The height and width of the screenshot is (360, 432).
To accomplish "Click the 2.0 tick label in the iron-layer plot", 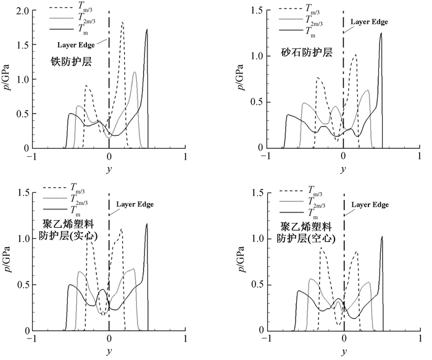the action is [x=23, y=10].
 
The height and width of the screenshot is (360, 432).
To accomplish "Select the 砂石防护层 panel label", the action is [x=307, y=52].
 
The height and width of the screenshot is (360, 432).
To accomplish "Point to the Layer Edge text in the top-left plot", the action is [x=76, y=44].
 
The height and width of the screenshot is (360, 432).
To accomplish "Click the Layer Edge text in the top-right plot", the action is [x=369, y=22].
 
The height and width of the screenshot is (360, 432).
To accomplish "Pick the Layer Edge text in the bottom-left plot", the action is [x=135, y=204].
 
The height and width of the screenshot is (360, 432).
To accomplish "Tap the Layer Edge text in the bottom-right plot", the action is [x=370, y=204].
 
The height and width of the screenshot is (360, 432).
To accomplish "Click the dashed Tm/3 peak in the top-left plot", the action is [x=122, y=22].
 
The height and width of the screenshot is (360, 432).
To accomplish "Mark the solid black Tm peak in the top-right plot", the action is [x=381, y=33].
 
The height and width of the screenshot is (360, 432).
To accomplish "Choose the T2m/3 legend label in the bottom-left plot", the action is [x=79, y=199].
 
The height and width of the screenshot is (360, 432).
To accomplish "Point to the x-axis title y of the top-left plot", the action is [x=109, y=169].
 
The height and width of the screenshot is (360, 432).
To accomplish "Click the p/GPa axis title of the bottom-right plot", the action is [x=241, y=260].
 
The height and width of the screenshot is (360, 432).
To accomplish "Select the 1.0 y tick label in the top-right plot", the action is [x=257, y=56].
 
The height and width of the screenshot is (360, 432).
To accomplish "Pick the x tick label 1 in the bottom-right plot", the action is [x=420, y=338].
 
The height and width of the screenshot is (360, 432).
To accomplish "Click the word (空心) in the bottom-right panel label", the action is [x=322, y=238].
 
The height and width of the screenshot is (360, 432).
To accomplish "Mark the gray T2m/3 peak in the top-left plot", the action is [x=135, y=72].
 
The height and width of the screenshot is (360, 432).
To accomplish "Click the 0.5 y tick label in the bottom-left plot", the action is [x=23, y=285].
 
